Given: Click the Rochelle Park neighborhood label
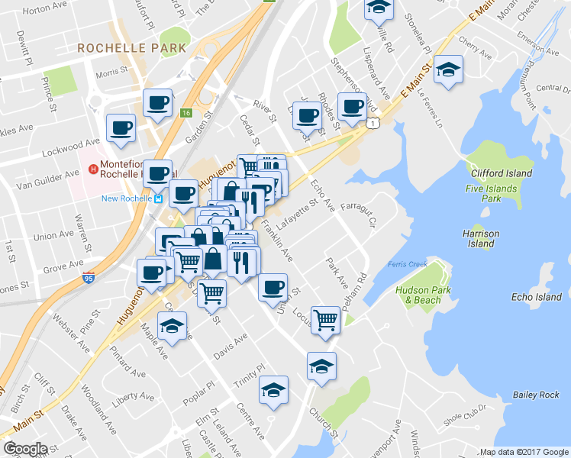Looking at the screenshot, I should tap(131, 47).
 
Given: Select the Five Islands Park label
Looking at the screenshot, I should tap(492, 192).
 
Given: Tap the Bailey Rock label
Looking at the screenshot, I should tap(536, 394).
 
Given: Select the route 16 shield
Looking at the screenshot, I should tap(185, 113).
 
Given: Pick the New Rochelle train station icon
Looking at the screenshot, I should tap(158, 198).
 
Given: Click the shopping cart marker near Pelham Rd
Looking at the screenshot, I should tap(326, 319).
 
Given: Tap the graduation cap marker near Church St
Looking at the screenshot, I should tap(321, 366).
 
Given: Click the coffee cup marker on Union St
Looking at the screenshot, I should tap(273, 288).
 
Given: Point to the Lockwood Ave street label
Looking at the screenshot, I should tap(81, 143).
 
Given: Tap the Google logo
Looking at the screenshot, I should tap(25, 449).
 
